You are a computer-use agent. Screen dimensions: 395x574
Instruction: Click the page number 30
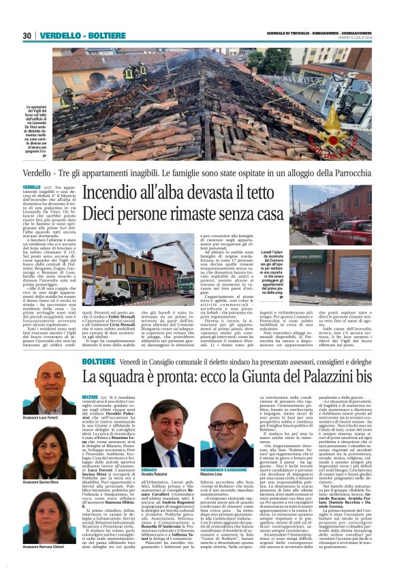coord(27,35)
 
